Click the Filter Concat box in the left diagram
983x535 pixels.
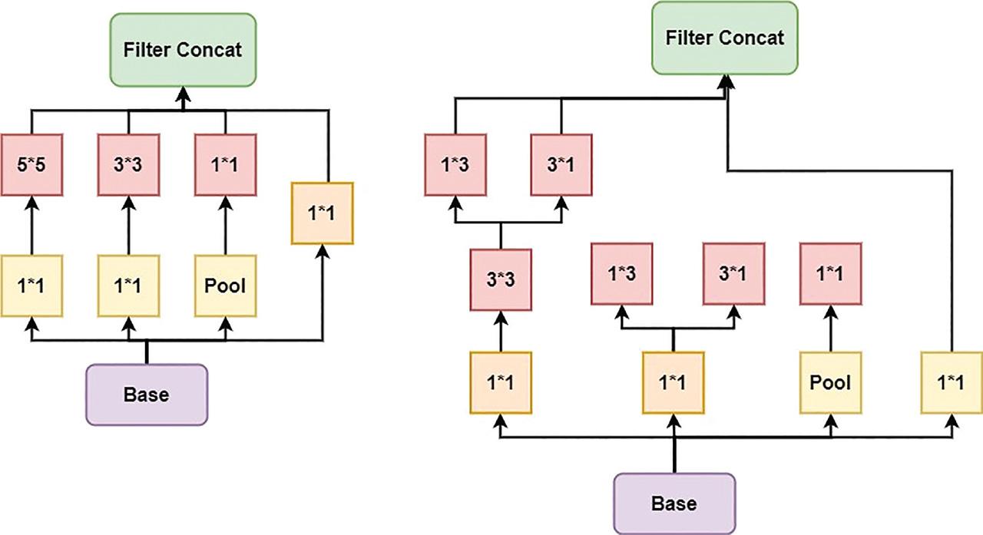coord(184,50)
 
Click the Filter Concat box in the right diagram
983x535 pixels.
coord(725,38)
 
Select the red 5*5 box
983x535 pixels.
coord(32,164)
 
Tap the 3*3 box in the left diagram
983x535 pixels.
coord(128,164)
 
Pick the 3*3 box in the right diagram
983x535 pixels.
coord(501,279)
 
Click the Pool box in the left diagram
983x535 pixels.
coord(225,286)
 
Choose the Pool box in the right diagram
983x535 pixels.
coord(831,382)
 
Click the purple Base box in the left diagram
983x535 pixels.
coord(147,395)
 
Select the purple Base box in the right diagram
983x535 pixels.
coord(674,503)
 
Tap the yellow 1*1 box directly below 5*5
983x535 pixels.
coord(32,286)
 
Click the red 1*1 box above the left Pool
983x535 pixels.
coord(225,164)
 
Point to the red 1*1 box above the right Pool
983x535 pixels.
coord(831,273)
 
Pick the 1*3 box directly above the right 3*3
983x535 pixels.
coord(456,164)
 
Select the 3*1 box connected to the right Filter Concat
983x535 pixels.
coord(563,164)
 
